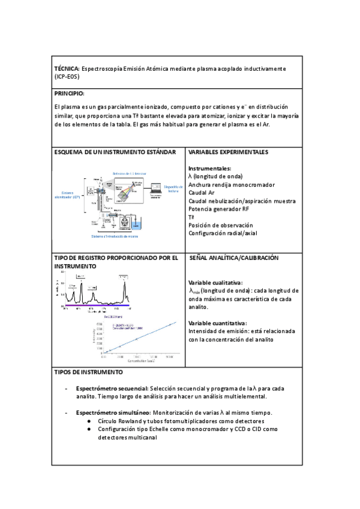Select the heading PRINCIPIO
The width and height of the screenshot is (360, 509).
tap(69, 94)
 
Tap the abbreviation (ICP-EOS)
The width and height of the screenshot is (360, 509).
tap(67, 77)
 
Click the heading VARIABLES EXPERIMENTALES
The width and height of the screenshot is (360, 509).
tap(228, 152)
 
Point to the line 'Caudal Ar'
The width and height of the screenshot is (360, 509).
tap(202, 193)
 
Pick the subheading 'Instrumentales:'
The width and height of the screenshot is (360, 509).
tap(209, 169)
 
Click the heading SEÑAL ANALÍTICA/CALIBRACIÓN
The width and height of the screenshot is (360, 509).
tap(233, 258)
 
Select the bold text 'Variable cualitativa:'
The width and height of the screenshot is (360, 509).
tap(215, 282)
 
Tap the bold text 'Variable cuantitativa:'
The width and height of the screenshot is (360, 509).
tap(217, 322)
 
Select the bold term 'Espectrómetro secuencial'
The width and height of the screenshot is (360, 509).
tap(112, 388)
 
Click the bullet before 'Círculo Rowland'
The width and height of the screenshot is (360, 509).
tap(88, 421)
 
